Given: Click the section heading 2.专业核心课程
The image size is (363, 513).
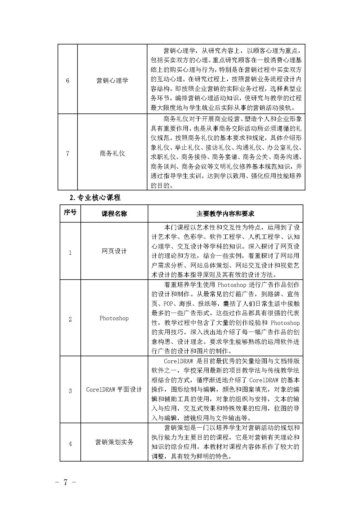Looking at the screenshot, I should pos(95,198).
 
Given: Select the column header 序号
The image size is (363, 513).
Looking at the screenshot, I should pos(70,212).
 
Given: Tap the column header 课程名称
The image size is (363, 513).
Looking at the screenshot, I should pos(114,214).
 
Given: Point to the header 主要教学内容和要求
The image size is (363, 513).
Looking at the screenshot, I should pos(225,214).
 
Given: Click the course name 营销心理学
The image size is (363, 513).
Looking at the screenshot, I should pos(112,80).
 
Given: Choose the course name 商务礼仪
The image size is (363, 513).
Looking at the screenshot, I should pos(112,153).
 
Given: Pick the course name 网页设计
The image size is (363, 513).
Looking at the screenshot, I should pos(114,251).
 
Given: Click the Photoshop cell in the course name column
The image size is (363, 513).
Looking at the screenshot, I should pos(114,318).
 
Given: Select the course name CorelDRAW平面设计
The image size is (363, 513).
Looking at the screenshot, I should pos(114,390).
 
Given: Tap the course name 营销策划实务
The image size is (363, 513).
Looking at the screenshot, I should pos(114,442).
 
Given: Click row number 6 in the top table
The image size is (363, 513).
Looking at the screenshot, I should pos(68,80).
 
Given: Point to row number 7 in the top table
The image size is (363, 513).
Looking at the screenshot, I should pos(68,153).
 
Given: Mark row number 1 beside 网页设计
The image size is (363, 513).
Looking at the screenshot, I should pos(70,253).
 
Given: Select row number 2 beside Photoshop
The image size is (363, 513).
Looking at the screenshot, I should pos(70,319).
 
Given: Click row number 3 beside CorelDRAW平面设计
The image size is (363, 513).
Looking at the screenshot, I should pos(70,391).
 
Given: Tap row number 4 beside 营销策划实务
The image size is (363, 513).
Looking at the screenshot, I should pos(70,444).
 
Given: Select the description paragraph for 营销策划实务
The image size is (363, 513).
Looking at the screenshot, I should pos(225,442).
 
